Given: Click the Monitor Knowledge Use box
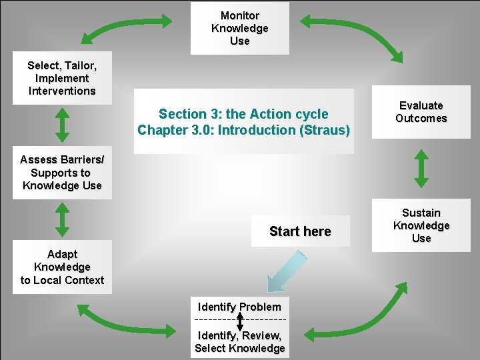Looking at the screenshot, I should (x=240, y=28).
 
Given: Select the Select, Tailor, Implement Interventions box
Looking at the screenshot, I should (x=62, y=78).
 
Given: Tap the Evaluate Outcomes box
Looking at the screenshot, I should (x=421, y=112).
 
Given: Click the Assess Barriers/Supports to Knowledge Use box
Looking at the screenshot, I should (x=62, y=173).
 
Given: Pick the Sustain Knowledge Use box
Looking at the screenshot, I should (x=421, y=225).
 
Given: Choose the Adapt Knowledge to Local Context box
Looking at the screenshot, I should (x=62, y=267).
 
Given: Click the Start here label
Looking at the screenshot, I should (x=300, y=231).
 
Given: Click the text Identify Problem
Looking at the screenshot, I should (x=239, y=307).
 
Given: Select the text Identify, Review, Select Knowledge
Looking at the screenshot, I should (x=239, y=342).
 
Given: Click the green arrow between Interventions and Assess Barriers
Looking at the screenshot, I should (x=62, y=125).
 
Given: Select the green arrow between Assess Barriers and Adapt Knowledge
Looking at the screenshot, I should (x=62, y=220).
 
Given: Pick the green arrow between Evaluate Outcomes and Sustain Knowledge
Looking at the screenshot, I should (x=421, y=168).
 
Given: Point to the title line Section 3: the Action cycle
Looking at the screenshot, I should (x=243, y=114).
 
